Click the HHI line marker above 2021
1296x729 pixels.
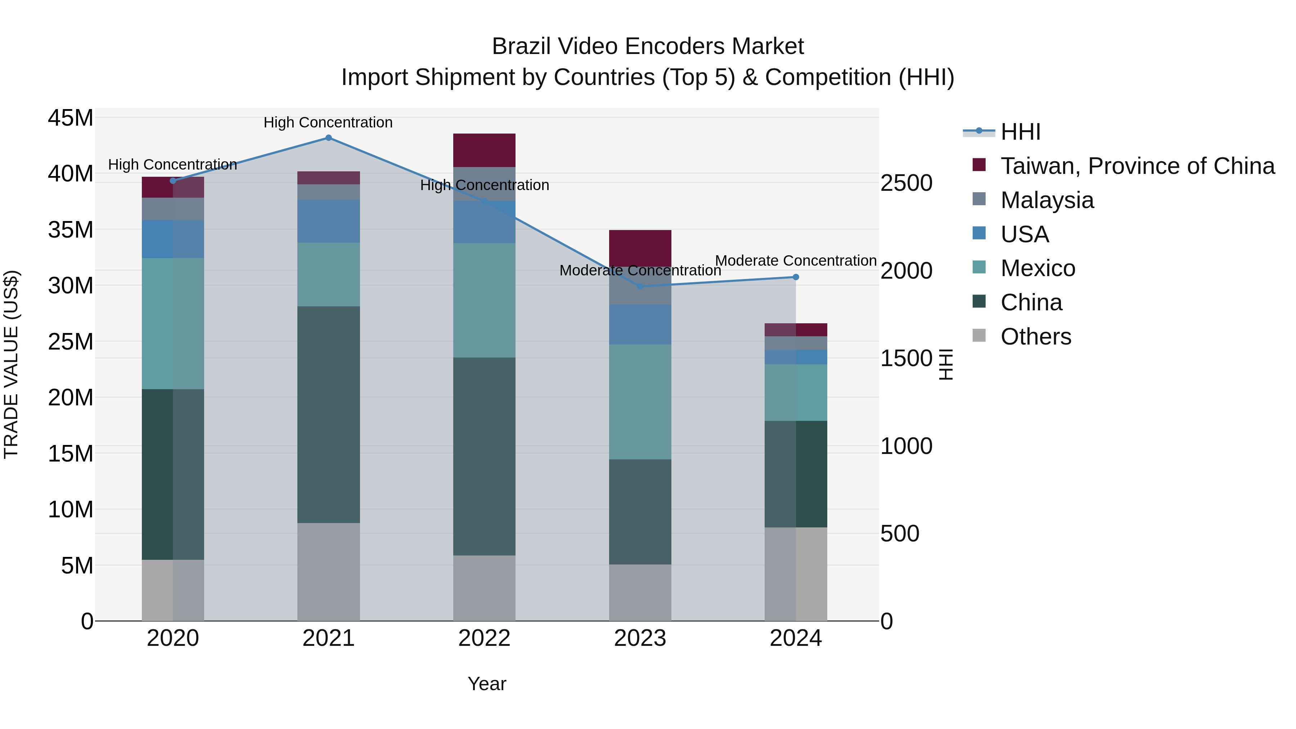329,138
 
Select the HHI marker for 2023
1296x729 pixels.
640,287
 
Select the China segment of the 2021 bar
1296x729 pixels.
329,415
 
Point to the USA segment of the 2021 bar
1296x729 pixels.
329,221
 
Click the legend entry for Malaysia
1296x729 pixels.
1047,200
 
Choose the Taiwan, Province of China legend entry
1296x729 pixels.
1137,166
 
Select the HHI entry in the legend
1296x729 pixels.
1020,132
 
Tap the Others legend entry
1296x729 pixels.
1035,337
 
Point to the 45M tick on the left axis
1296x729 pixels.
71,118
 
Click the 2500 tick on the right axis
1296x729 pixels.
906,183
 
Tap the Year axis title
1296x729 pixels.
486,684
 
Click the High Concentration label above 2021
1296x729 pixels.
328,122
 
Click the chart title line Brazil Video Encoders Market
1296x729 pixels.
648,46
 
